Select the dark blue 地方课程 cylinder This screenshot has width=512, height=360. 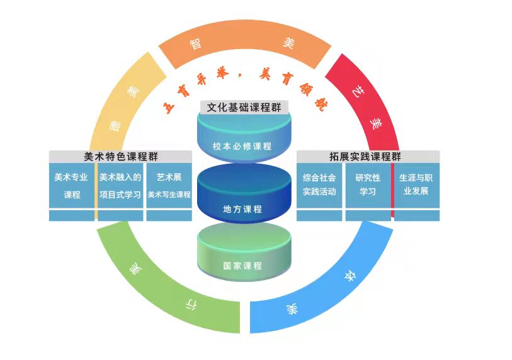pyautogui.click(x=242, y=200)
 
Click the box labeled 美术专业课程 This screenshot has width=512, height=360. pyautogui.click(x=72, y=186)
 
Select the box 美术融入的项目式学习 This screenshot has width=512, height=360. pyautogui.click(x=120, y=186)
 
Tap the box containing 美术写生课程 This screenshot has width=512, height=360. pyautogui.click(x=169, y=186)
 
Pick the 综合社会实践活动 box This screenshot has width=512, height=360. pyautogui.click(x=319, y=186)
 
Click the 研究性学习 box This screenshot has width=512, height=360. pyautogui.click(x=368, y=186)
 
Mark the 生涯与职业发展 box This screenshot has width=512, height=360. pyautogui.click(x=416, y=186)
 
